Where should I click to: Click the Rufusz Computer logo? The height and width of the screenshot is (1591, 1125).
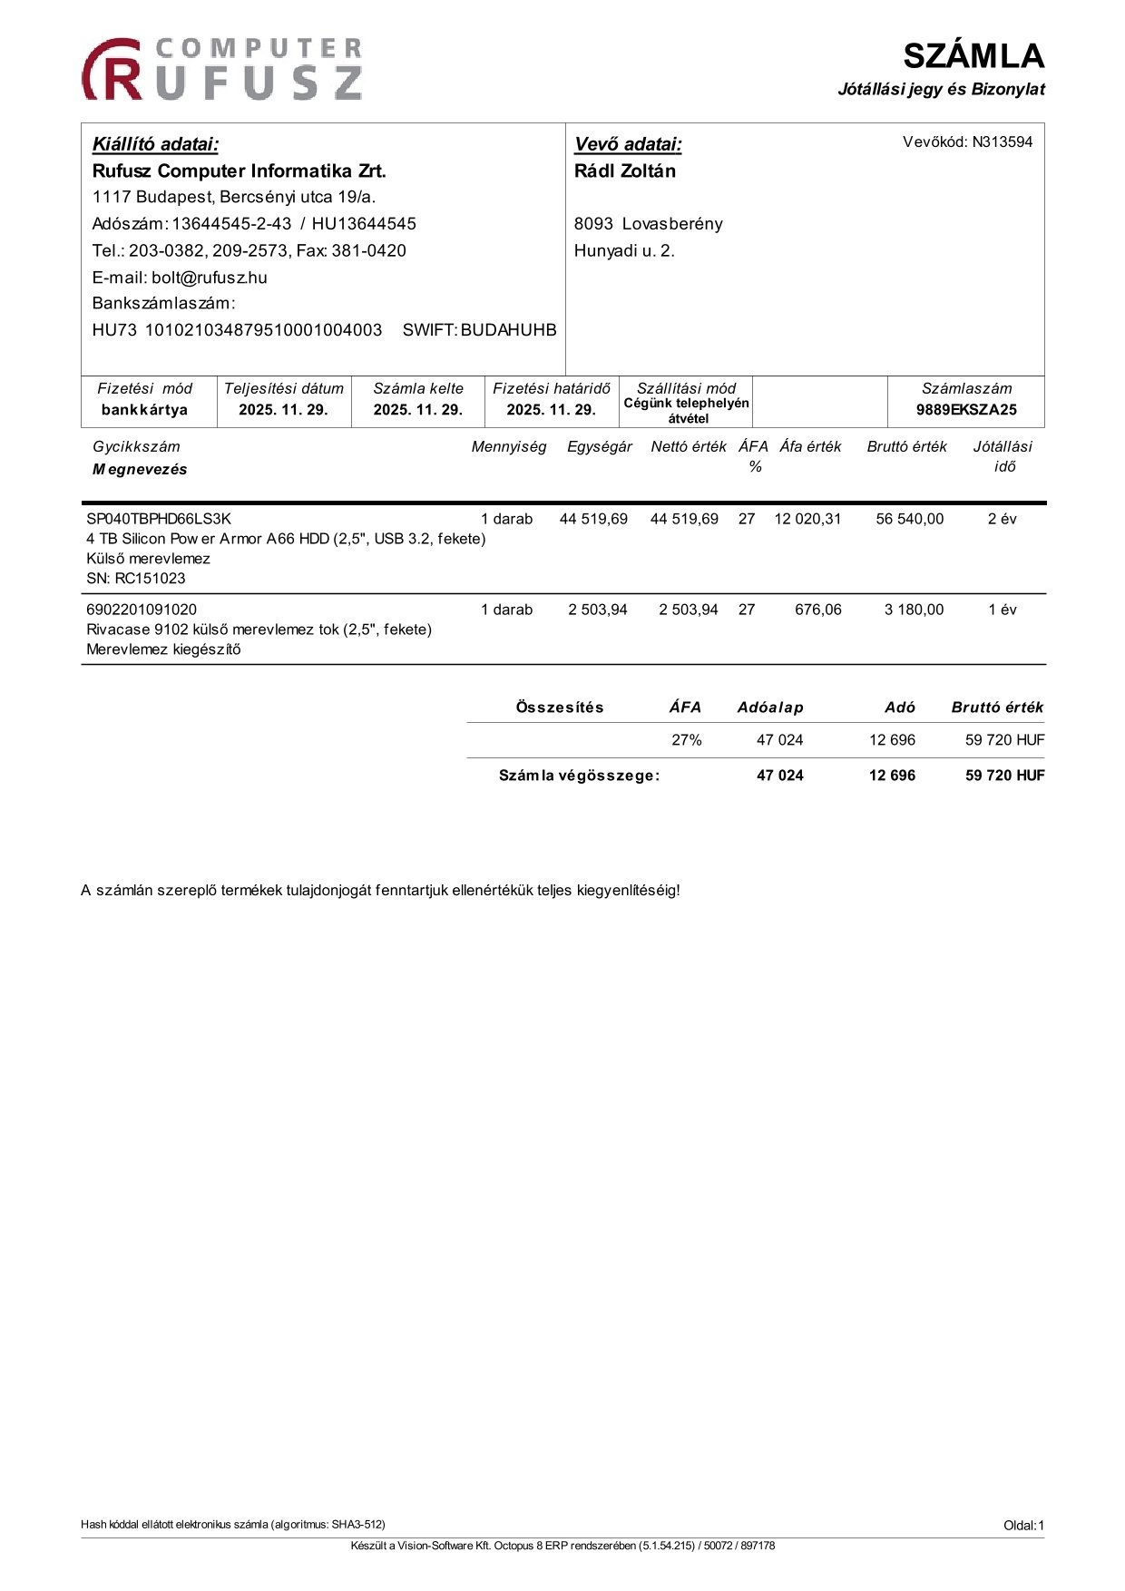[x=222, y=69]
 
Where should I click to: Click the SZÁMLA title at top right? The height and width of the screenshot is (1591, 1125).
[x=973, y=56]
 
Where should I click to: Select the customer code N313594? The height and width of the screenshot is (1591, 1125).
[x=1002, y=142]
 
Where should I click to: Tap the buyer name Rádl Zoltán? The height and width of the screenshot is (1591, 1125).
[x=624, y=171]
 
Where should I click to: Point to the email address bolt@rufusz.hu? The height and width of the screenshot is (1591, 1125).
[x=209, y=278]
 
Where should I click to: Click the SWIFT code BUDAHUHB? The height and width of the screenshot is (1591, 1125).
[x=508, y=330]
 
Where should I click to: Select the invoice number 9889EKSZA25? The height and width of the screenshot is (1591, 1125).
[x=965, y=409]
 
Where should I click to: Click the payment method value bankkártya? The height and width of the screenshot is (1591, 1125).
[x=144, y=409]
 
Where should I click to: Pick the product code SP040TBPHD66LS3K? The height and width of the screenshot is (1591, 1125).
[x=159, y=519]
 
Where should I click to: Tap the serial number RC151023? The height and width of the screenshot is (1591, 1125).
[x=150, y=578]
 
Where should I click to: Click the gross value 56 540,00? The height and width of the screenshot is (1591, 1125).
[x=909, y=519]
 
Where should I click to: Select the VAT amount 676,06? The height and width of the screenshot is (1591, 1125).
[x=817, y=610]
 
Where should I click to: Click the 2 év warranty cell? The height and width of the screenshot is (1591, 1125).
[x=1002, y=519]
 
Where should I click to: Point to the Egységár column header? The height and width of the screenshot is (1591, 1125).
[x=599, y=446]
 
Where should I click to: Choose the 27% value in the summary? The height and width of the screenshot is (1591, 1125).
[x=686, y=740]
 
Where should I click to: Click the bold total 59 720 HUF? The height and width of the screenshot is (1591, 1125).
[x=1004, y=776]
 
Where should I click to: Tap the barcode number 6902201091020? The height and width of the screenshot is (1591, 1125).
[x=142, y=610]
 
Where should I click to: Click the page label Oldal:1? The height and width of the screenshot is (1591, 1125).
[x=1023, y=1526]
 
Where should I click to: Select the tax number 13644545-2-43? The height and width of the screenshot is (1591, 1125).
[x=231, y=224]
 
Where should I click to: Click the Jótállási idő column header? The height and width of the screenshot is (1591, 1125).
[x=1003, y=456]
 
